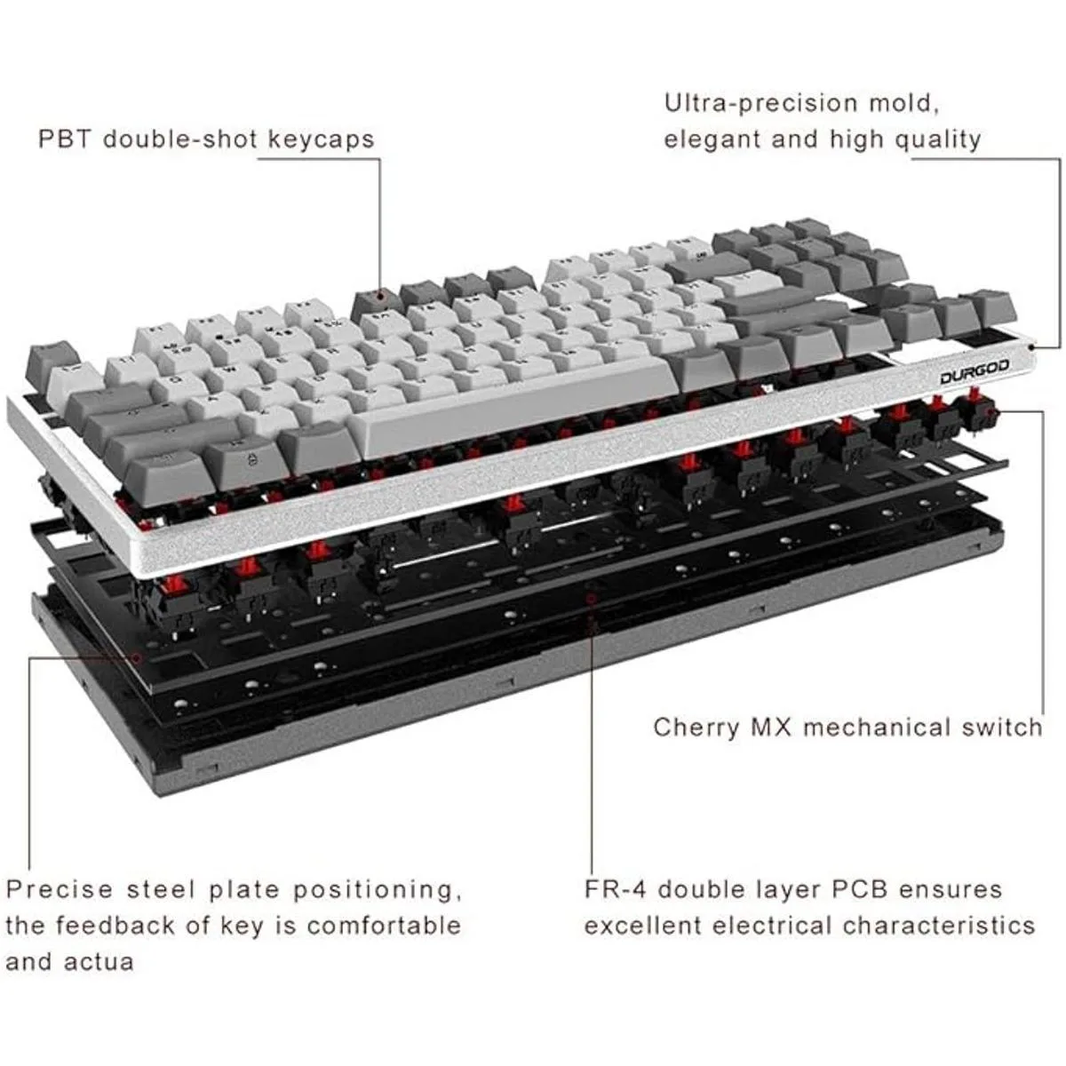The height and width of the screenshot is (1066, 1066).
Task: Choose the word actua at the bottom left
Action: click(99, 962)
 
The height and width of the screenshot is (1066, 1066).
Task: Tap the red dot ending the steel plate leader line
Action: click(138, 658)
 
